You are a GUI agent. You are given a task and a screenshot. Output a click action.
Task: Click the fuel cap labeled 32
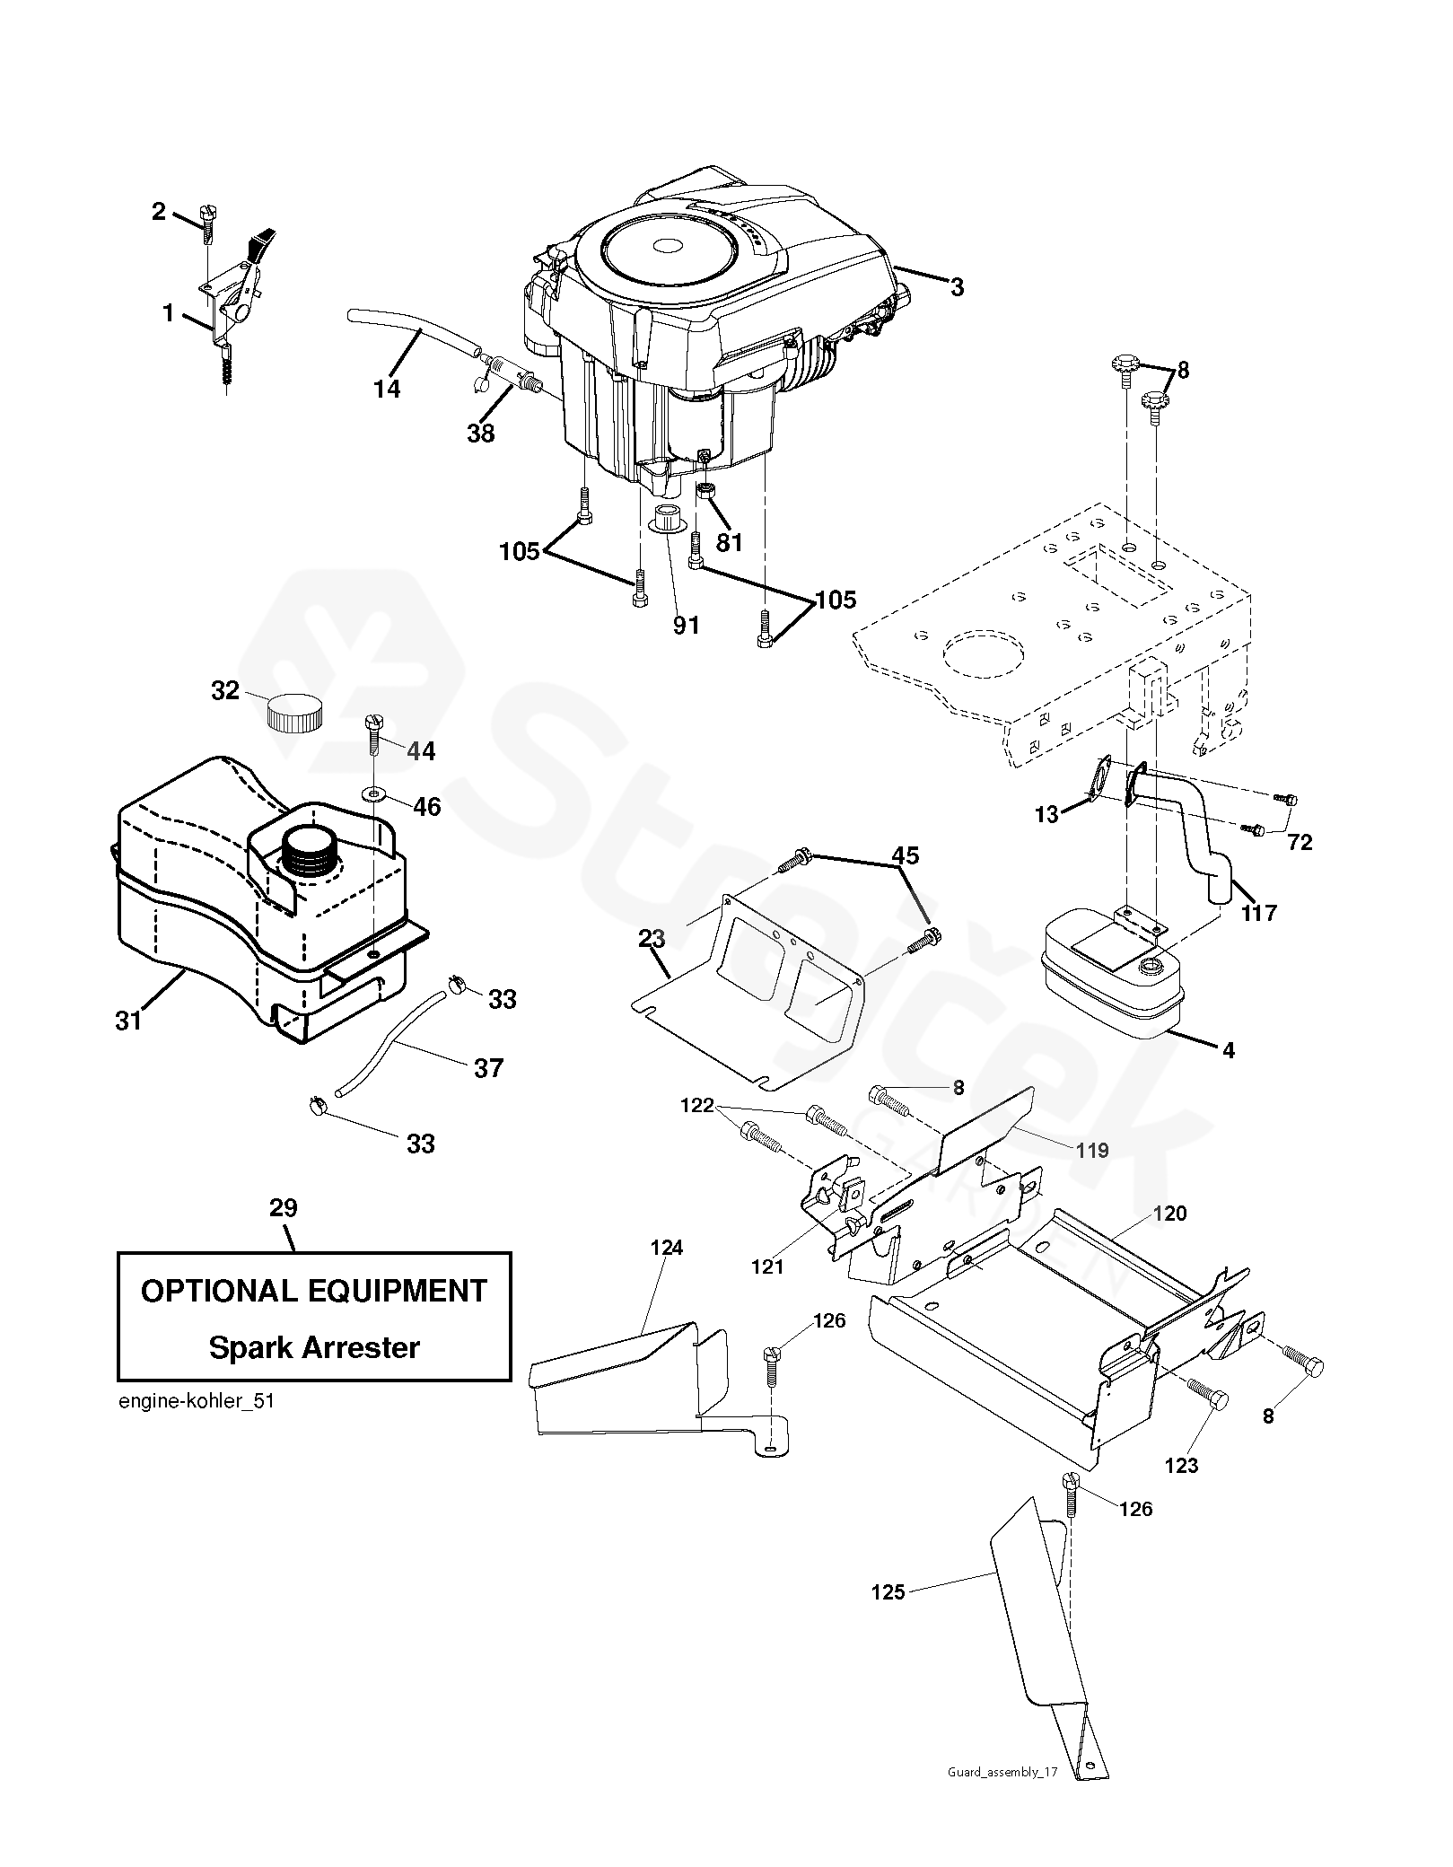point(293,714)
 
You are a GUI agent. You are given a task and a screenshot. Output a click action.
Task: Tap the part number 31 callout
point(128,1021)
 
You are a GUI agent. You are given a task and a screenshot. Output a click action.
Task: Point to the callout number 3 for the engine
point(957,287)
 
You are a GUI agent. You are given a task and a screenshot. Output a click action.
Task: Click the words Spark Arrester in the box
point(314,1347)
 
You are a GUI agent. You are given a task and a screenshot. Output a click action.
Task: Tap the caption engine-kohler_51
point(196,1402)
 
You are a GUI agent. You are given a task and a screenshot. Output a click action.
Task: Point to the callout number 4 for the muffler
point(1228,1048)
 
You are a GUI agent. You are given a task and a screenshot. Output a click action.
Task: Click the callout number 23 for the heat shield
point(652,939)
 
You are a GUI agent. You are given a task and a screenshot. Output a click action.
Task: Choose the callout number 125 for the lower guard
point(888,1592)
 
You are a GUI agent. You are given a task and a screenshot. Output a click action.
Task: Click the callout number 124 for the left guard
point(667,1247)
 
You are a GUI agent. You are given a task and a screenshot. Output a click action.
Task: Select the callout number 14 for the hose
point(388,389)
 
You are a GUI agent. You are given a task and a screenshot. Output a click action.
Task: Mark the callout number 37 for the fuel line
point(488,1067)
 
